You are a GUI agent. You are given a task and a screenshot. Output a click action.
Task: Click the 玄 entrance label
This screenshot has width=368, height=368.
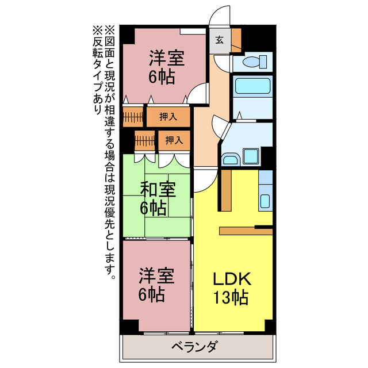tap(220, 40)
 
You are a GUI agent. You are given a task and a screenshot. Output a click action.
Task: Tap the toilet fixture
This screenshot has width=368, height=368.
tap(252, 62)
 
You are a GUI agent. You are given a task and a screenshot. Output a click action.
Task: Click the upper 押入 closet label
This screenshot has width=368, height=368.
tap(168, 117)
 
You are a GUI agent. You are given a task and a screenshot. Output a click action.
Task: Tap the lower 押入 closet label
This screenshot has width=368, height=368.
tap(174, 140)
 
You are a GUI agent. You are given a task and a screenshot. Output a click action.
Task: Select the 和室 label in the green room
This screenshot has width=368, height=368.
tap(158, 189)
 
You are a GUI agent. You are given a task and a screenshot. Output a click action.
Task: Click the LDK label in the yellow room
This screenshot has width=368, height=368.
tap(232, 280)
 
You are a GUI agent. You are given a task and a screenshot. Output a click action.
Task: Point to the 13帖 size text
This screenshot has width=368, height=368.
tap(232, 298)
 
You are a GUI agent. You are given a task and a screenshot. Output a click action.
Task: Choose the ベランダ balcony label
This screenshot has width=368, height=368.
tap(194, 347)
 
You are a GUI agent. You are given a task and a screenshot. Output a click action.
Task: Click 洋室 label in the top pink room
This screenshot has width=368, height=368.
tap(167, 59)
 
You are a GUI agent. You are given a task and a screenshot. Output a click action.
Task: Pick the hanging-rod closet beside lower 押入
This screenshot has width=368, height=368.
tap(145, 140)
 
